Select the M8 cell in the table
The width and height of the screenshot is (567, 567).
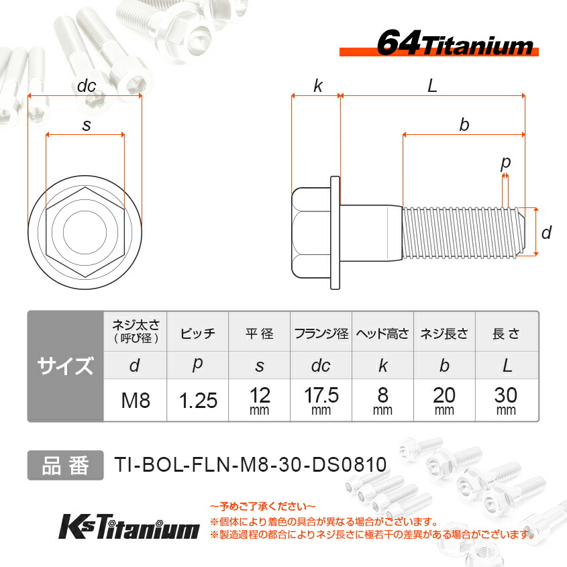point(135,401)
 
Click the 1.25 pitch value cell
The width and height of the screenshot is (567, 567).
point(198,401)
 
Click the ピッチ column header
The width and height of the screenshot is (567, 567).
point(198,333)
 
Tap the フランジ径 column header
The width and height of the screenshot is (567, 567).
point(321,333)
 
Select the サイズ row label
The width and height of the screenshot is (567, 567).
point(65,366)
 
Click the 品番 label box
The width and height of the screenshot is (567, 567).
point(65,465)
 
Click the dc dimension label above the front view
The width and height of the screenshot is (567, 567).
point(87,86)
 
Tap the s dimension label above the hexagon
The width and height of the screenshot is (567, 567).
point(86,125)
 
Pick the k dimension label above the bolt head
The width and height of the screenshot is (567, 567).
point(317,86)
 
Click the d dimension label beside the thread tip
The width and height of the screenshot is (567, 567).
point(546,232)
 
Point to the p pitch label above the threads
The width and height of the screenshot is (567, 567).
point(505,162)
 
